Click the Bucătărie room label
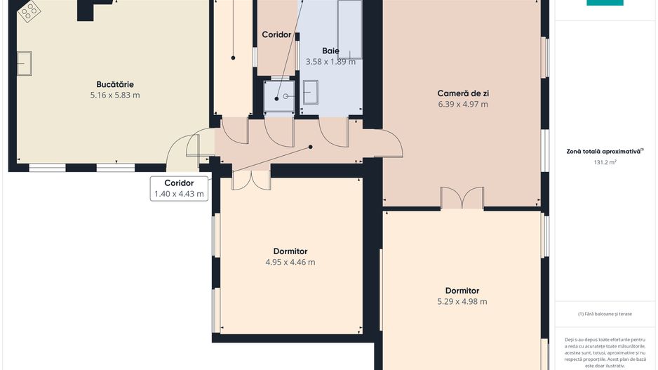click(x=114, y=84)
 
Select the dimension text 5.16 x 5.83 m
click(x=114, y=95)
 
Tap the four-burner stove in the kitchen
click(x=29, y=10)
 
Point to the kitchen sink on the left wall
click(x=25, y=62)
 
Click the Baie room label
click(x=330, y=51)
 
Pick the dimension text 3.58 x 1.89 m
click(x=330, y=62)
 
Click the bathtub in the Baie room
click(x=349, y=29)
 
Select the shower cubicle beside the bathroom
click(x=278, y=96)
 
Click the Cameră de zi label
click(x=462, y=93)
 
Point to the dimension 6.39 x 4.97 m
click(x=462, y=105)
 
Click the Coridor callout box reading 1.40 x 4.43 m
click(x=180, y=188)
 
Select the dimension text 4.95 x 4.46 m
click(x=290, y=263)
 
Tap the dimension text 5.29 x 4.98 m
click(x=462, y=302)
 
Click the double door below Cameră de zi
click(x=462, y=199)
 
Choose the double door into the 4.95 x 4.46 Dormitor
click(x=250, y=179)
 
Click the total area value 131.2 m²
click(x=605, y=162)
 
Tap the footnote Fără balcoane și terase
click(x=605, y=314)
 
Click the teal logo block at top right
click(x=605, y=3)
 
